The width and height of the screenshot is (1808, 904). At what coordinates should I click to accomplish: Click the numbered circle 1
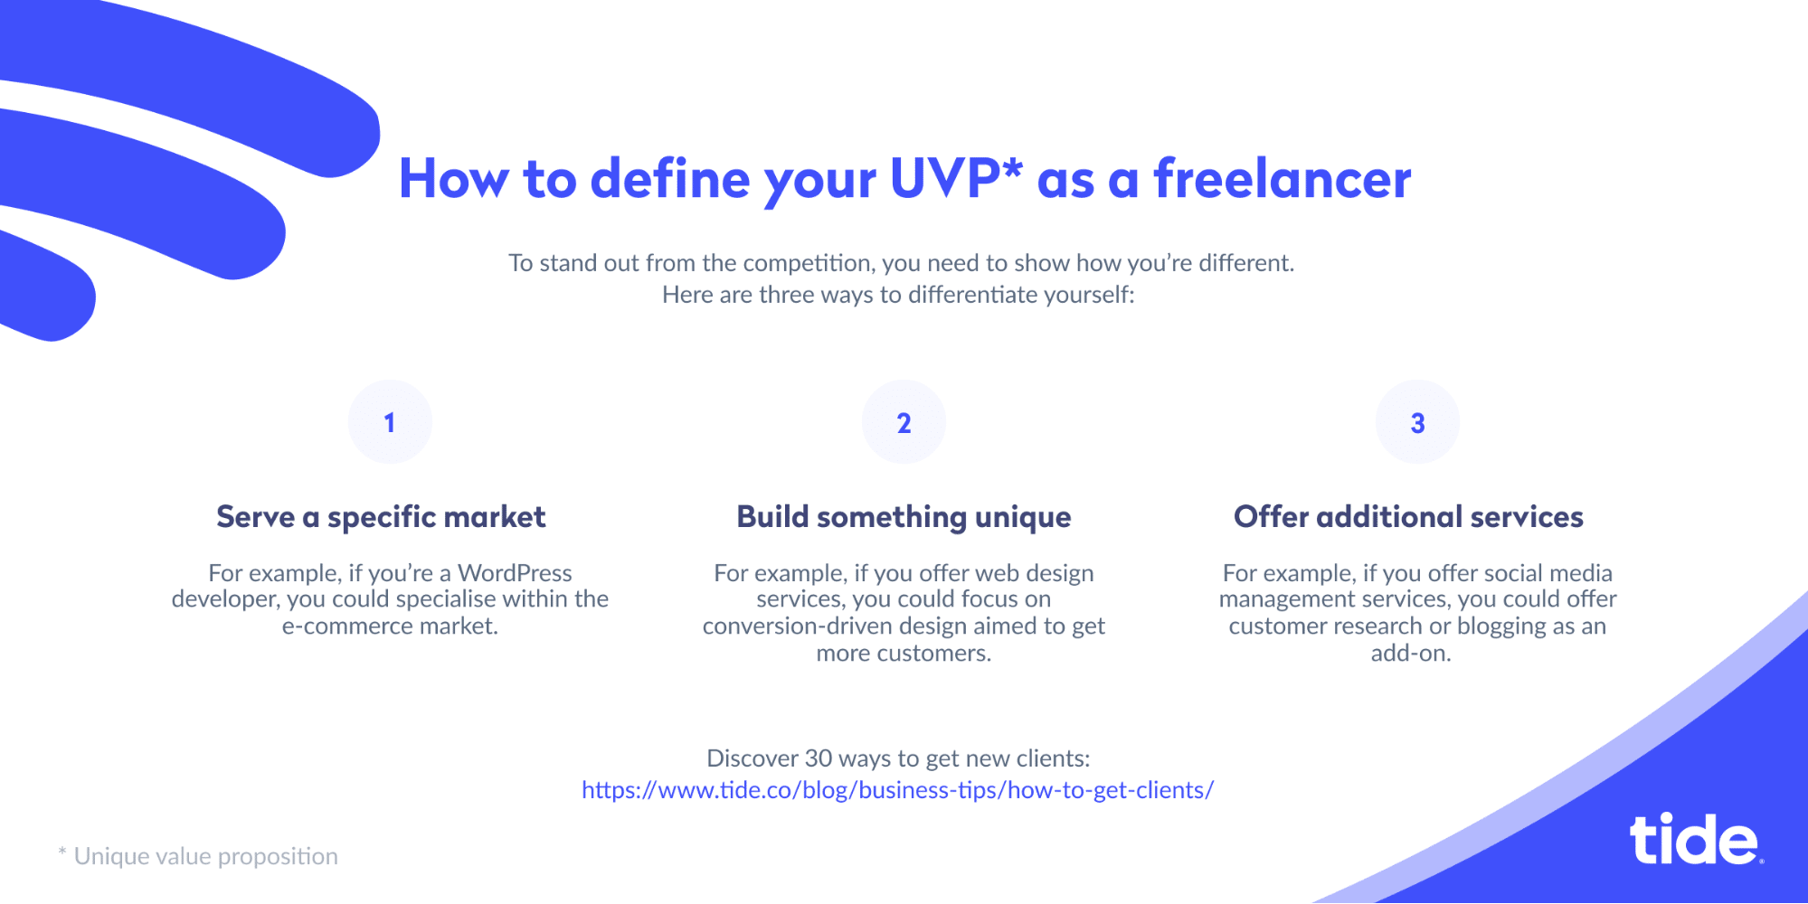coord(390,422)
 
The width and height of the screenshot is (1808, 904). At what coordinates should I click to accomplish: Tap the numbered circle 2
coord(904,422)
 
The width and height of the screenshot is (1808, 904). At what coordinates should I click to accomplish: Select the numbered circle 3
coord(1417,422)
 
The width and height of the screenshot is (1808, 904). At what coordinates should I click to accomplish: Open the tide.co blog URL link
coord(897,790)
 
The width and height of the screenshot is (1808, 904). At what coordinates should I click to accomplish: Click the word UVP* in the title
coord(956,178)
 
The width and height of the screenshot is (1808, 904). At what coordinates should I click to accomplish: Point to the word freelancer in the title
coord(1282,178)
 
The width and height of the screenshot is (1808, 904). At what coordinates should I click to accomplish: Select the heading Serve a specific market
coord(381,517)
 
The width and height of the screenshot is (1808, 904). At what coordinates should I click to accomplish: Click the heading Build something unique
coord(904,517)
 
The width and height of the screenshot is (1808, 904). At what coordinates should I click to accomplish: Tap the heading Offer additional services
coord(1408,517)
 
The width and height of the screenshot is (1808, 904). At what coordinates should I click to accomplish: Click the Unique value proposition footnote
coord(198,856)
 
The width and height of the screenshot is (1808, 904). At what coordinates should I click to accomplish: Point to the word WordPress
coord(515,573)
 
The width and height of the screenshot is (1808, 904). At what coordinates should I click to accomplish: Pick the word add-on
coord(1411,654)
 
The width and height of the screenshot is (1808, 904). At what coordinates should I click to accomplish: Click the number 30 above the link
coord(819,758)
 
